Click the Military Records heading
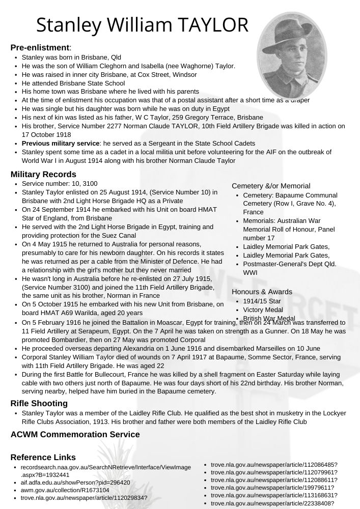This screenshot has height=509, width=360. pos(43,175)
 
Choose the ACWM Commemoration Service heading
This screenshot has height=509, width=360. pos(75,434)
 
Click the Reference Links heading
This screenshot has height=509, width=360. pos(43,457)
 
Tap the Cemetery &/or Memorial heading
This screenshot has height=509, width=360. pos(271,186)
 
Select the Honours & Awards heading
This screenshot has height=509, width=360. pos(262,292)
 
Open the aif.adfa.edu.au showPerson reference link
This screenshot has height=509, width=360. pos(75,483)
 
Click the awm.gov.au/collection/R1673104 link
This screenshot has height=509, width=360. pos(65,490)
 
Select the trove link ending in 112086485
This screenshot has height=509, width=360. pos(274,465)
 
